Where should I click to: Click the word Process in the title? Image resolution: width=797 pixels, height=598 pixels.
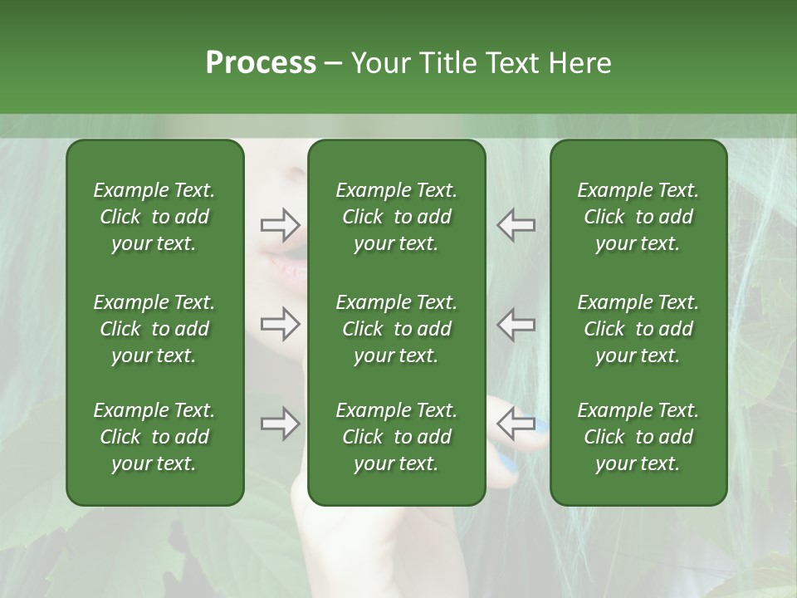[260, 62]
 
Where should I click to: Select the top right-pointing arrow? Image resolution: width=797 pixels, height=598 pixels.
[280, 224]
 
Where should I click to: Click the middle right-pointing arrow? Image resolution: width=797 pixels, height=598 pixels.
[280, 324]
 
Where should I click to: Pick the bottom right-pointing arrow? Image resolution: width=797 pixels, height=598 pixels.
[280, 424]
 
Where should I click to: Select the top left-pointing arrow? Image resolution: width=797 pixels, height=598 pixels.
[516, 225]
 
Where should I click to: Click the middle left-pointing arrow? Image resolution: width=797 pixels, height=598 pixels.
[516, 324]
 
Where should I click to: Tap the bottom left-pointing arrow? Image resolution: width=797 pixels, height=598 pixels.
[516, 424]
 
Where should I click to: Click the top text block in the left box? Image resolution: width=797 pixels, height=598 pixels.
[154, 217]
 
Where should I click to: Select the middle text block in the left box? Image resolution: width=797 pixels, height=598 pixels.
[154, 329]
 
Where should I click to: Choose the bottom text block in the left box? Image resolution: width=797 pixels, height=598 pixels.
[154, 437]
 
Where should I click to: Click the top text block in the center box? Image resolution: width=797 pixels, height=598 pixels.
[396, 217]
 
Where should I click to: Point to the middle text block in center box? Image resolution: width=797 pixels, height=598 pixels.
[396, 329]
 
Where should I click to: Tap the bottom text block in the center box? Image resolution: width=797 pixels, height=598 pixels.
[396, 437]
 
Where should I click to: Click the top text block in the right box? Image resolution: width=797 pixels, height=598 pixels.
[638, 217]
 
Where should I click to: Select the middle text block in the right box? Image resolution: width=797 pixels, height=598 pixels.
[638, 329]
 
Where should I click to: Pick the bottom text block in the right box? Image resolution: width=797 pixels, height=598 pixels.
[638, 437]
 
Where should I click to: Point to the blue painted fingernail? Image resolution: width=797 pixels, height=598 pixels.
[540, 428]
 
